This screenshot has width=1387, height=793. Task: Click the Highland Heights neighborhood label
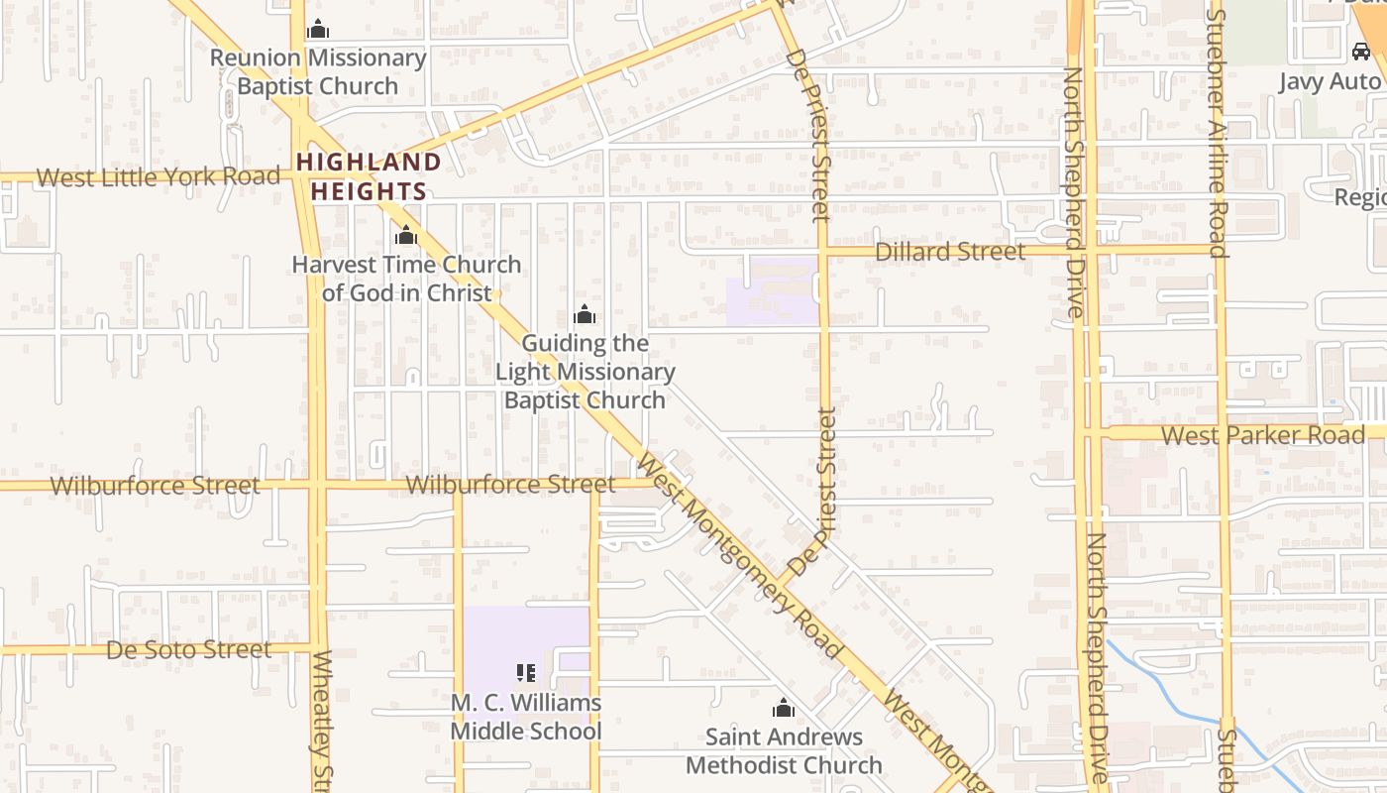pos(369,176)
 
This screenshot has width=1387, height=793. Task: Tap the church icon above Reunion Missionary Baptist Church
pos(318,30)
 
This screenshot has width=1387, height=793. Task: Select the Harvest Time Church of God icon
pos(406,236)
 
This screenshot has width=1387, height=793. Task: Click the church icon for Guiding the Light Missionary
pos(585,315)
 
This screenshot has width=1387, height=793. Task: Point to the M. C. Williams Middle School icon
pos(526,674)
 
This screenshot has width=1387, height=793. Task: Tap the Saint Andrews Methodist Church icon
pos(784,709)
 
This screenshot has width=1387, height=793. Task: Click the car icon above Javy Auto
pos(1361,52)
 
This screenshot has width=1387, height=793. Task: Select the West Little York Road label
pos(159,177)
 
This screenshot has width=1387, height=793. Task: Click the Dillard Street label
pos(950,252)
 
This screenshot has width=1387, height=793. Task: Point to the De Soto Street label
pos(188,650)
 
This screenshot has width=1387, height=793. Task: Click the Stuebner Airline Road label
pos(1218,134)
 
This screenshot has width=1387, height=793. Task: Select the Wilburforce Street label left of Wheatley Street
pos(156,486)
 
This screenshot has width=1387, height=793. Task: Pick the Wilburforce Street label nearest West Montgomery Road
pos(510,485)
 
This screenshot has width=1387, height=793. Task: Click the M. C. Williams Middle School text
pos(526,718)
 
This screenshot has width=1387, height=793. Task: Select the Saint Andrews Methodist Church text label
pos(784,751)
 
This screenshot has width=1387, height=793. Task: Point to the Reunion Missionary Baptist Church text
pos(318,72)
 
